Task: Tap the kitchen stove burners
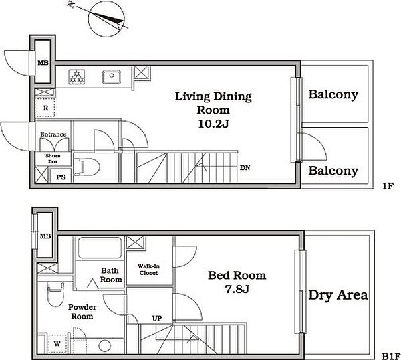77,77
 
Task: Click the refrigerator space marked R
45,108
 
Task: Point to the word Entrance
53,134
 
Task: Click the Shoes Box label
53,159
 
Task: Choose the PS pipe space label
61,177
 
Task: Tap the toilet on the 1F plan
86,167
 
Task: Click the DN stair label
245,168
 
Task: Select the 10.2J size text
213,124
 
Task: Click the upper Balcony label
333,94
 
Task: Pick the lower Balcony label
333,171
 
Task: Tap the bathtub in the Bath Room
100,248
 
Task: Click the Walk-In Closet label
148,270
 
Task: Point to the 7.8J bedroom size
237,289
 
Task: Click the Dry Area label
338,295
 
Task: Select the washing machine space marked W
57,343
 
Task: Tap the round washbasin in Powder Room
105,346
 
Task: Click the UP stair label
157,318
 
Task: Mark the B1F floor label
391,356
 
